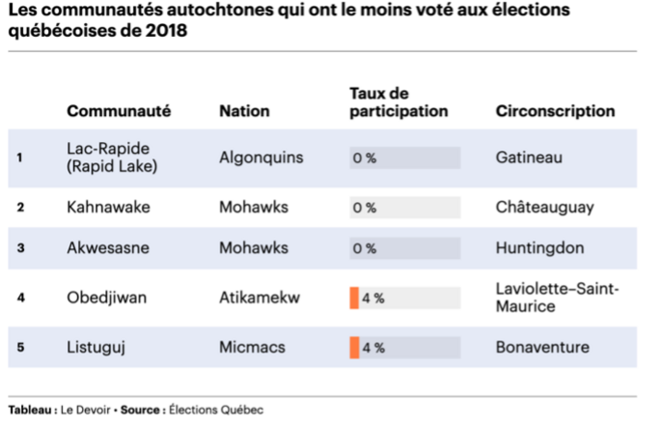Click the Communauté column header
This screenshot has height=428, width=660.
[118, 111]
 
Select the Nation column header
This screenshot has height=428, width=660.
[244, 111]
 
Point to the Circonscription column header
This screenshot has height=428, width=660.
[554, 111]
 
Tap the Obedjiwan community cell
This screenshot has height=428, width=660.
[106, 298]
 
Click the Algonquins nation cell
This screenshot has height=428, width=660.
[261, 157]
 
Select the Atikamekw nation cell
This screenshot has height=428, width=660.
[259, 298]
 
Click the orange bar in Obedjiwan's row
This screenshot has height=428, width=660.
[354, 298]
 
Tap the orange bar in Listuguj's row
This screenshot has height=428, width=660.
[354, 347]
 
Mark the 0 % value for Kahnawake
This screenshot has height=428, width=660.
[364, 208]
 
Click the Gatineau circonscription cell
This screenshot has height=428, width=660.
[528, 157]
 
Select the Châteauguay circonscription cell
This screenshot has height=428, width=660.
[544, 207]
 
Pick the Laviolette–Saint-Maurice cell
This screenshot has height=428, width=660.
[557, 298]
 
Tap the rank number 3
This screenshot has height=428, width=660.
[20, 248]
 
